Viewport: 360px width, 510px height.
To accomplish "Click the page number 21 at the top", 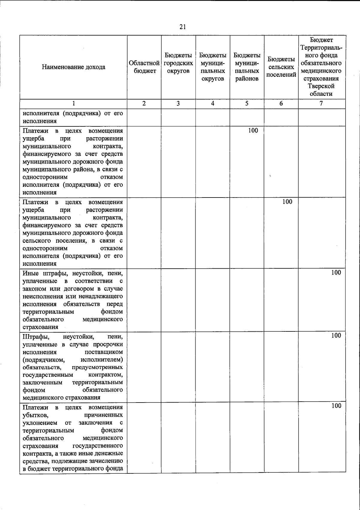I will pyautogui.click(x=183, y=27).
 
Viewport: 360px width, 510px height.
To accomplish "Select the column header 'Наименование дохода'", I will pyautogui.click(x=73, y=67).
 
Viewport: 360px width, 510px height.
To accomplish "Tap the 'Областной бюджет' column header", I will pyautogui.click(x=144, y=67).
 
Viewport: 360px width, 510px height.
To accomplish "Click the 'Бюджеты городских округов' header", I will pyautogui.click(x=178, y=63).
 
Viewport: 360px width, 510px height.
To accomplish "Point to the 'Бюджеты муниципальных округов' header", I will pyautogui.click(x=213, y=67).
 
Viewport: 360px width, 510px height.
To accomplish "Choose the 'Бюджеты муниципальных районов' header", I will pyautogui.click(x=247, y=67).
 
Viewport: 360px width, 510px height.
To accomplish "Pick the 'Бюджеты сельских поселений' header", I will pyautogui.click(x=281, y=67).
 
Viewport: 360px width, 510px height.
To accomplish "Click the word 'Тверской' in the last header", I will pyautogui.click(x=321, y=86).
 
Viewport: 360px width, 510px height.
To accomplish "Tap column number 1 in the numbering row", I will pyautogui.click(x=73, y=104).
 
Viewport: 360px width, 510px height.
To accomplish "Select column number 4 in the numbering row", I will pyautogui.click(x=213, y=104).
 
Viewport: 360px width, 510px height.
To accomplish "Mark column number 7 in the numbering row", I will pyautogui.click(x=321, y=104).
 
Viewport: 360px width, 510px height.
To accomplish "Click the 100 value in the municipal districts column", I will pyautogui.click(x=253, y=130).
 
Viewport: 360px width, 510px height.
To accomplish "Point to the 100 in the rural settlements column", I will pyautogui.click(x=287, y=202).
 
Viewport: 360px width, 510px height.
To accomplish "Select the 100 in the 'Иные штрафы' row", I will pyautogui.click(x=336, y=273).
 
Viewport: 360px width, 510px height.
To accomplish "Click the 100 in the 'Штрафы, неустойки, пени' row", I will pyautogui.click(x=336, y=336).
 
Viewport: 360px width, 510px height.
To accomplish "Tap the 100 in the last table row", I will pyautogui.click(x=336, y=406).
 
